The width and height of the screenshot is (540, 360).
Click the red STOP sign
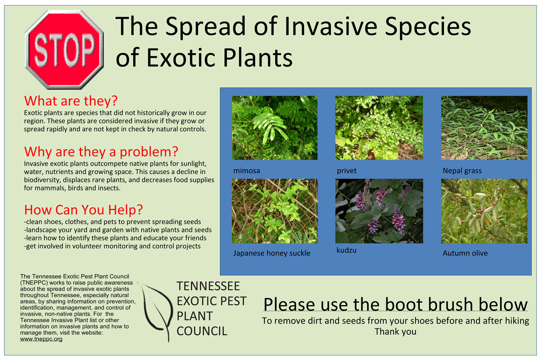[64, 50]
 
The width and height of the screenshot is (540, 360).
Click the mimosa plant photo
[274, 128]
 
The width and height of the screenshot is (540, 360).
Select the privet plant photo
[379, 128]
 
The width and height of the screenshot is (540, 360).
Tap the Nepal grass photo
[484, 128]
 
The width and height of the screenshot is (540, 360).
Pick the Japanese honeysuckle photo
[274, 211]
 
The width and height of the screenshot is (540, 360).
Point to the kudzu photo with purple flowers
[379, 211]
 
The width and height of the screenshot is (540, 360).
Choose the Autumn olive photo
[484, 211]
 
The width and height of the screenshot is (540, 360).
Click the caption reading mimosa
[247, 171]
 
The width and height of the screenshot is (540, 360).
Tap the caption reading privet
[347, 171]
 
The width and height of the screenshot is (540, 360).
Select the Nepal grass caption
[462, 171]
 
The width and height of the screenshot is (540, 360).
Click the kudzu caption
[346, 250]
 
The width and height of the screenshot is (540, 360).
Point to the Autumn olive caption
[465, 253]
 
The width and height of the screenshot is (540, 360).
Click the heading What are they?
[71, 101]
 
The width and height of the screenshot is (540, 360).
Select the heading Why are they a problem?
[101, 152]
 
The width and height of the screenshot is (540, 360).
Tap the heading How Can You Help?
[84, 210]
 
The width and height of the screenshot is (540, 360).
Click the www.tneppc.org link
[41, 339]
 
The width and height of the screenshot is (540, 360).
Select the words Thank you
[395, 332]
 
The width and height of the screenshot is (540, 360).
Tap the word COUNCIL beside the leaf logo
[202, 331]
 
